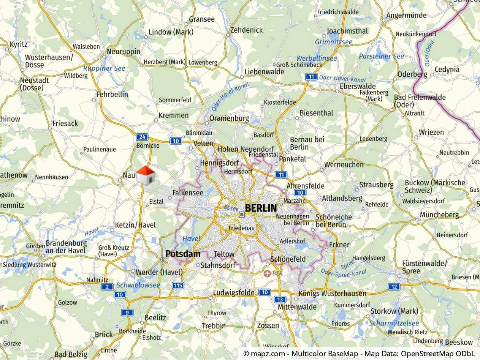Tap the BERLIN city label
point(261,208)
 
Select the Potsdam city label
point(183,254)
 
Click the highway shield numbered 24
point(142,137)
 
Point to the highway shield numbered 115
point(178,285)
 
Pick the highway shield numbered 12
point(394,287)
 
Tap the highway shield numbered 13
point(280,299)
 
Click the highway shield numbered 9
point(127,313)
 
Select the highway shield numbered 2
point(107,287)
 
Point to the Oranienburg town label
point(229,118)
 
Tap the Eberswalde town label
point(358,86)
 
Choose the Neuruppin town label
point(124,52)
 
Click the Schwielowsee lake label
point(138,285)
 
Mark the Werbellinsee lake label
point(316,58)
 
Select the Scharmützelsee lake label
point(394,324)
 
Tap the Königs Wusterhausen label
point(332,293)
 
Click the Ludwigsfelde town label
point(234,293)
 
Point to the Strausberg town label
point(376,185)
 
